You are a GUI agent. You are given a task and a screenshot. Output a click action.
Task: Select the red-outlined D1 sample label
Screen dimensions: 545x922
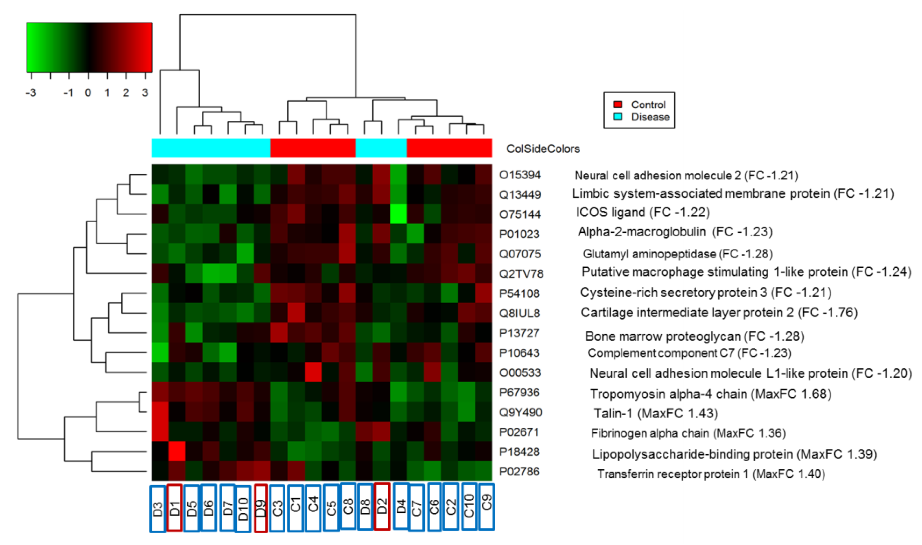pos(175,507)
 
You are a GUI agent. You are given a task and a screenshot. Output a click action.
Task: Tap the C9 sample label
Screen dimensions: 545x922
pos(486,507)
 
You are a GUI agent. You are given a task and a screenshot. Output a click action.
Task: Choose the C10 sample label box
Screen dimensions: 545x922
pos(469,507)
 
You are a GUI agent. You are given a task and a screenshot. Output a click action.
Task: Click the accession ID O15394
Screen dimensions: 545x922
pos(520,175)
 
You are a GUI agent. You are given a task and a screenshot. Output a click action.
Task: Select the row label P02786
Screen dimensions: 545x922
pos(519,472)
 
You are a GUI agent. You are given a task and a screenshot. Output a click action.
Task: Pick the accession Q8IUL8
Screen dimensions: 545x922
pos(519,313)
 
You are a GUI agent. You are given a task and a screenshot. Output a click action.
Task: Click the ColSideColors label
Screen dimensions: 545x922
pos(543,149)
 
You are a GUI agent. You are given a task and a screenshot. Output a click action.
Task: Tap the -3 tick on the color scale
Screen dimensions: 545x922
pos(31,92)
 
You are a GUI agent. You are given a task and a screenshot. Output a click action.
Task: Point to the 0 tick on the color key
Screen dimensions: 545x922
pos(88,92)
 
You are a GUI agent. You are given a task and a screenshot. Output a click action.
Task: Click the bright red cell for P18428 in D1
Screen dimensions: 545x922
pos(177,452)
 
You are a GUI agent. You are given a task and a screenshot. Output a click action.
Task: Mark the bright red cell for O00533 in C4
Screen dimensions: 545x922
pos(313,372)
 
